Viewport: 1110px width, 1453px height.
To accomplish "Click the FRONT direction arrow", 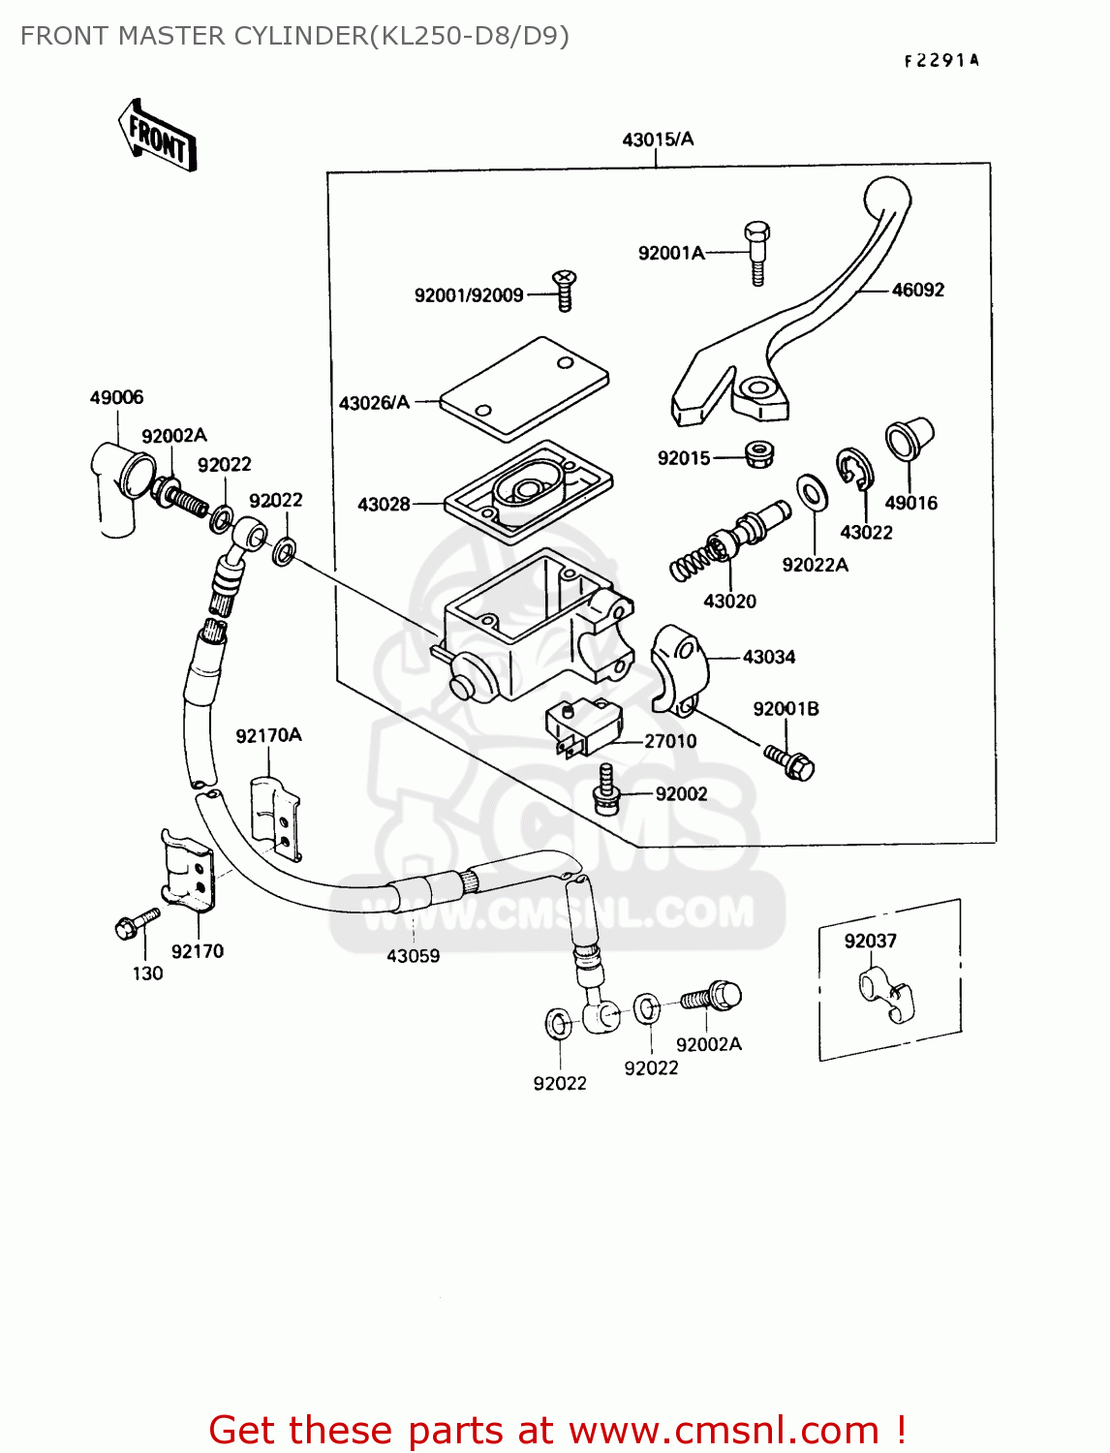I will tap(157, 136).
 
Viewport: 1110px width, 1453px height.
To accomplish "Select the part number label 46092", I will tap(917, 290).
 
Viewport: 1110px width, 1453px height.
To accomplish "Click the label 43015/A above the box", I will tap(658, 139).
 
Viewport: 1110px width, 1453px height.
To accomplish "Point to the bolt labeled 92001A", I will tap(757, 253).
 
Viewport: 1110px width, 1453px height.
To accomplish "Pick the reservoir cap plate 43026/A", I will tap(524, 388).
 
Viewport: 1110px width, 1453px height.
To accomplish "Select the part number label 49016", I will tap(910, 503).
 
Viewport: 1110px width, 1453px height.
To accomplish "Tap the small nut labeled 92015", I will tap(758, 454).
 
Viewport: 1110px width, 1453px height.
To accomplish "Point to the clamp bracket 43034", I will tap(679, 669).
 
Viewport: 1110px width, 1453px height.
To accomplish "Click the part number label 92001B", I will tap(786, 709).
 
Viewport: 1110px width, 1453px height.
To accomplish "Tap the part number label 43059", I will tap(413, 956).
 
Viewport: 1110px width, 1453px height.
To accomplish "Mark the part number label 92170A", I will tap(268, 736).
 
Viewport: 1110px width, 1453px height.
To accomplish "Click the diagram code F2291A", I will tap(941, 60).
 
